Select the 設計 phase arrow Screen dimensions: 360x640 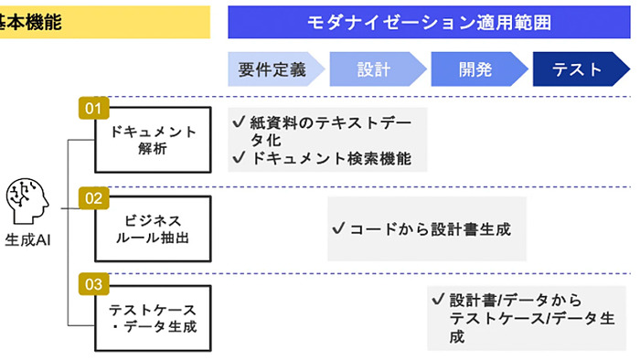click(376, 69)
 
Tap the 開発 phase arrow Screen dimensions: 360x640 click(476, 69)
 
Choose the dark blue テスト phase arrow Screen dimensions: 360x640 click(580, 69)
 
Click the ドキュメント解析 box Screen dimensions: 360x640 click(153, 141)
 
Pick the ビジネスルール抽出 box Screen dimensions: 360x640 click(153, 228)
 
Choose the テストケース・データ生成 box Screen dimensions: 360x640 click(153, 317)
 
